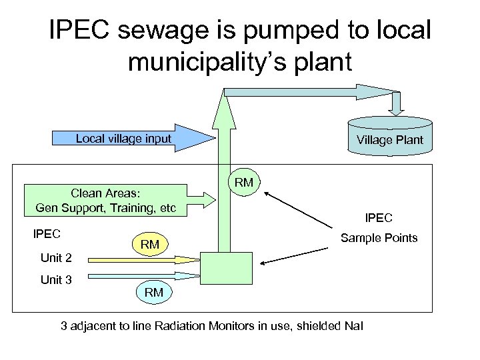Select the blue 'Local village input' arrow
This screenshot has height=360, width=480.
click(133, 139)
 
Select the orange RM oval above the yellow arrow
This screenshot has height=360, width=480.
click(149, 245)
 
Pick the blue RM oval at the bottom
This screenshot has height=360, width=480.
click(153, 292)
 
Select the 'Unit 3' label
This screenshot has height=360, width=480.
click(56, 279)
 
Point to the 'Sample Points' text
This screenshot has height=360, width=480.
click(379, 238)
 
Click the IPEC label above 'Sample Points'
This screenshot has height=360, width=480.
click(379, 217)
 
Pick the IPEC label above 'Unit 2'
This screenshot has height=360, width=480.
click(47, 234)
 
